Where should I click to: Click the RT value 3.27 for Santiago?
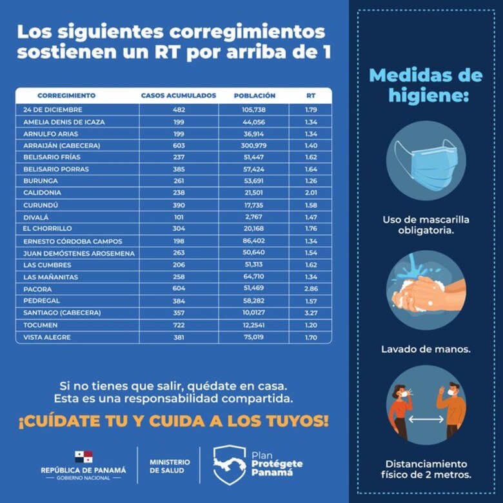(311, 313)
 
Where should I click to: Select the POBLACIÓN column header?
(255, 95)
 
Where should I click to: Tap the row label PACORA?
(38, 290)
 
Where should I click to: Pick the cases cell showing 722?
(179, 325)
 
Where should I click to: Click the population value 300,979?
(253, 146)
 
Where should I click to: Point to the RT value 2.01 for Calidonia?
(311, 193)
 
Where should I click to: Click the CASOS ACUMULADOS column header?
(179, 95)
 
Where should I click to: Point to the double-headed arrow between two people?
(426, 419)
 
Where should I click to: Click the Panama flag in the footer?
(83, 457)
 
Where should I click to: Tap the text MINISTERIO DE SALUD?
(170, 466)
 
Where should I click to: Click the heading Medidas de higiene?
(426, 85)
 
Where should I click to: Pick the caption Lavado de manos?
(426, 349)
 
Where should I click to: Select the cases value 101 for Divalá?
(179, 217)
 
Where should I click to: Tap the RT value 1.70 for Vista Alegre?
(311, 337)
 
